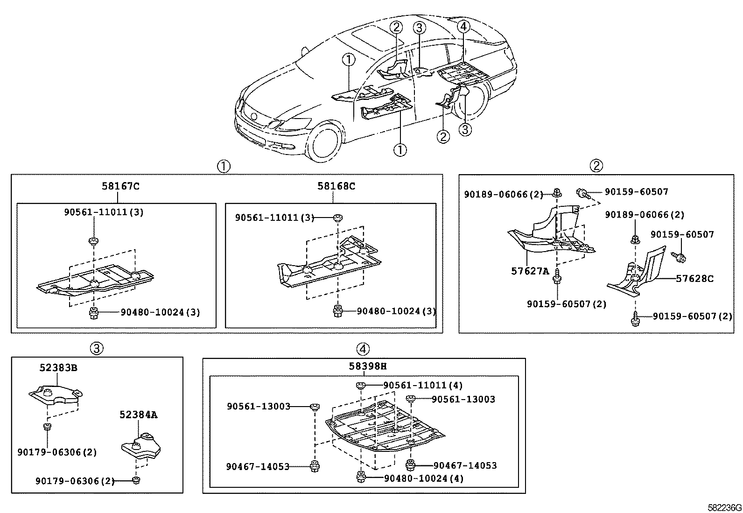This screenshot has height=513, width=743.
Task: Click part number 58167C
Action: [x=120, y=186]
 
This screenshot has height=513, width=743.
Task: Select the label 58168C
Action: [x=336, y=186]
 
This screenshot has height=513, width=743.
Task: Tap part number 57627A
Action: [x=530, y=271]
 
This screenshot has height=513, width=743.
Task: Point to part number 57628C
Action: [x=695, y=279]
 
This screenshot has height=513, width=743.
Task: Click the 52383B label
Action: [x=58, y=368]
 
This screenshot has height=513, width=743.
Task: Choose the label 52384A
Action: [x=139, y=415]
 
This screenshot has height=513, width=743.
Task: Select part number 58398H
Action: [x=368, y=366]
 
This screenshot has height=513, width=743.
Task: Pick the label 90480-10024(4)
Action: [x=424, y=478]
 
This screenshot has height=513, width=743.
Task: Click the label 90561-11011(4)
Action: [x=423, y=386]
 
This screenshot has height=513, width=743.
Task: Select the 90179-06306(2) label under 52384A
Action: [x=75, y=481]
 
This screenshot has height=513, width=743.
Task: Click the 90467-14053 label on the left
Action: [x=258, y=466]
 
